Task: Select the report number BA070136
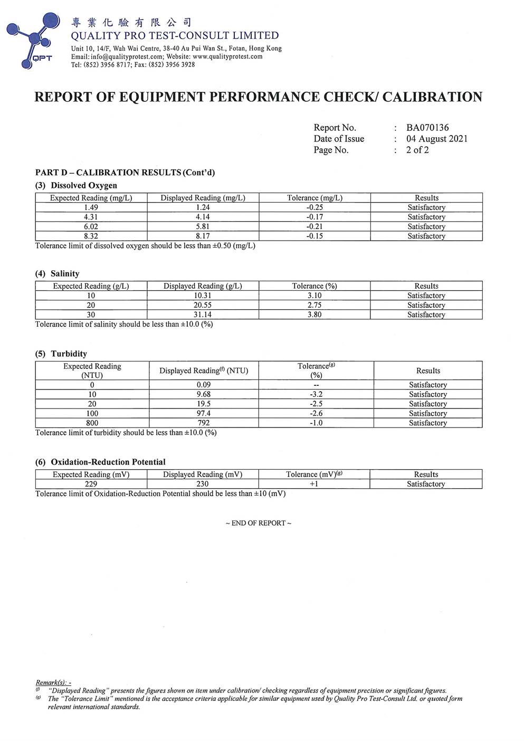point(427,127)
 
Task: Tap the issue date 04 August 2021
point(436,139)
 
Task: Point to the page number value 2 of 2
point(417,150)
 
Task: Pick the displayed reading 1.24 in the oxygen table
point(203,207)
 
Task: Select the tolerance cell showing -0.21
point(315,226)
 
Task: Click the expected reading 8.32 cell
point(91,236)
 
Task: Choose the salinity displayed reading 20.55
point(203,305)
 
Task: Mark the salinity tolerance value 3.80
point(315,315)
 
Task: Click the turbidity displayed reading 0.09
point(204,385)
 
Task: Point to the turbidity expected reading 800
point(92,423)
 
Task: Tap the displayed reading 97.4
point(204,413)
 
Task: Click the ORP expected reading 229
point(91,484)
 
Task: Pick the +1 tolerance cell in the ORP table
point(314,484)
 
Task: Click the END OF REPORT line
point(259,523)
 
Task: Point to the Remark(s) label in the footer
point(53,682)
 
